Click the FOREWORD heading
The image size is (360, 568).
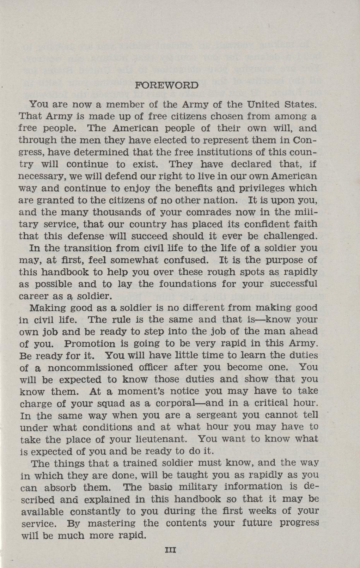(x=167, y=85)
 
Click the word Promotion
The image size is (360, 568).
(x=90, y=344)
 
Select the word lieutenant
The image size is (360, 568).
(x=161, y=439)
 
